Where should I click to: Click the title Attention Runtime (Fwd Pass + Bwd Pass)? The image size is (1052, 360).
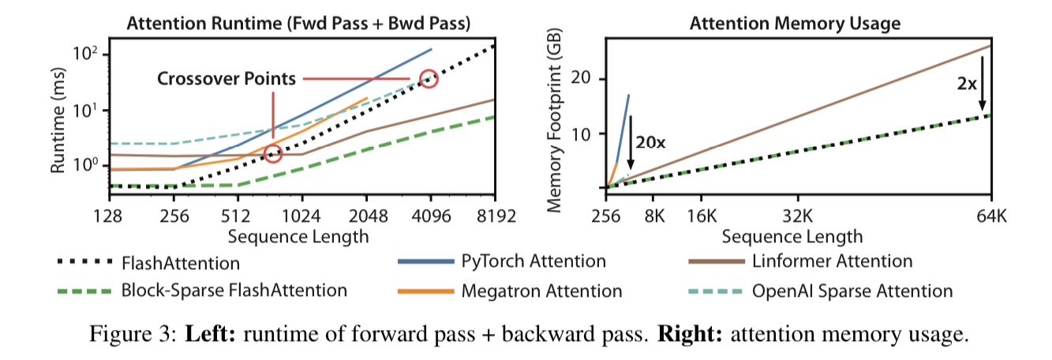pos(298,23)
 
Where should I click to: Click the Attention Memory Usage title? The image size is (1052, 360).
pos(795,23)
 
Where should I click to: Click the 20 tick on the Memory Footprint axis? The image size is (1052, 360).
pos(583,79)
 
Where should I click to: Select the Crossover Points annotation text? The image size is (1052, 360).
pos(226,79)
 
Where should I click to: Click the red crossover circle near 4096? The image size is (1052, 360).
pos(429,78)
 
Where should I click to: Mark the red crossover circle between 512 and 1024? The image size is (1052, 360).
pos(273,154)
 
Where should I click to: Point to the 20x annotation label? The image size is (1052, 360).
pos(650,142)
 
